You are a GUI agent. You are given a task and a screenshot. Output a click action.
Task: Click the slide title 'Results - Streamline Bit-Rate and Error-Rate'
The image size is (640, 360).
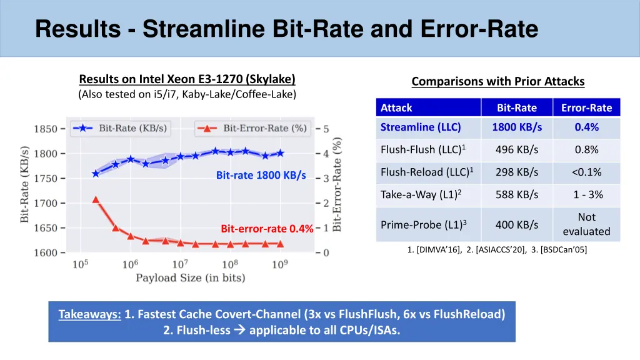pos(287,29)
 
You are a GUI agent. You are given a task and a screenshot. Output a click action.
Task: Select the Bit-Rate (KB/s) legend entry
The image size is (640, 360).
pos(120,128)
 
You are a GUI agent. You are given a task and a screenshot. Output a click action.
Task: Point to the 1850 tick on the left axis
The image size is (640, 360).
pos(45,129)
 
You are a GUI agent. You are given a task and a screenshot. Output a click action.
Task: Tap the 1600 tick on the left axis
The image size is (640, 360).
pos(45,252)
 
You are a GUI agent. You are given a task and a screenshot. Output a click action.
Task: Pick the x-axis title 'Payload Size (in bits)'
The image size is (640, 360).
pos(191,278)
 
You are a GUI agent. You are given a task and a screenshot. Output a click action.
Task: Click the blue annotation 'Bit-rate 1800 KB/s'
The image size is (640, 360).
pos(261,176)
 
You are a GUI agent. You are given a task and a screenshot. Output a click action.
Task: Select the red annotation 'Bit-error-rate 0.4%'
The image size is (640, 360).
pos(267,229)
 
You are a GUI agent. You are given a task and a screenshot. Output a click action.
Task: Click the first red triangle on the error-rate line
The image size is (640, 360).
pos(96,199)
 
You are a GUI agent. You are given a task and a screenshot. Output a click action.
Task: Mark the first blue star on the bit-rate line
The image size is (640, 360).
pos(96,174)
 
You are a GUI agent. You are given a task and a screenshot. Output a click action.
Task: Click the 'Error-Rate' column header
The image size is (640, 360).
pos(586,107)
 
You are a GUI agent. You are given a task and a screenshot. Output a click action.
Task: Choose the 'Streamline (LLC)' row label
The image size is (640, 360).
pos(421,127)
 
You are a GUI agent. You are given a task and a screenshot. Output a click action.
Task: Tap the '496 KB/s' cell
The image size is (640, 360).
pos(517,150)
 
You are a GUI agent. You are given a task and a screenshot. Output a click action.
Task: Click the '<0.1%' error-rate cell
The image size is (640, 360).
pos(586,172)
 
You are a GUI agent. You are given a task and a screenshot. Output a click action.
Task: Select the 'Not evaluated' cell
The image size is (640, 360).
pos(586,224)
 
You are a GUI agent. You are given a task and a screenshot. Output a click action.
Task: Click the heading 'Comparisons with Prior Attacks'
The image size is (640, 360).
pos(497,81)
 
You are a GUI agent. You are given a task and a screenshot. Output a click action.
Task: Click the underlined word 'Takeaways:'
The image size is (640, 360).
pos(90,314)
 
